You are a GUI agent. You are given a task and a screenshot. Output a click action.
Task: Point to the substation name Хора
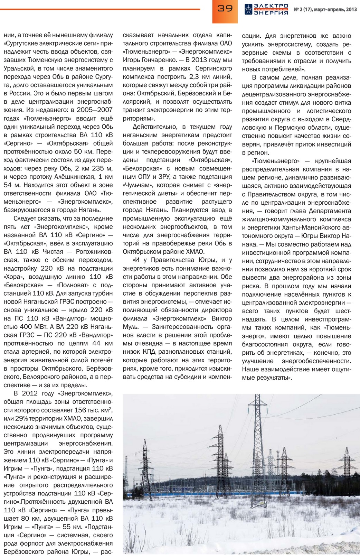(x=12, y=277)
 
